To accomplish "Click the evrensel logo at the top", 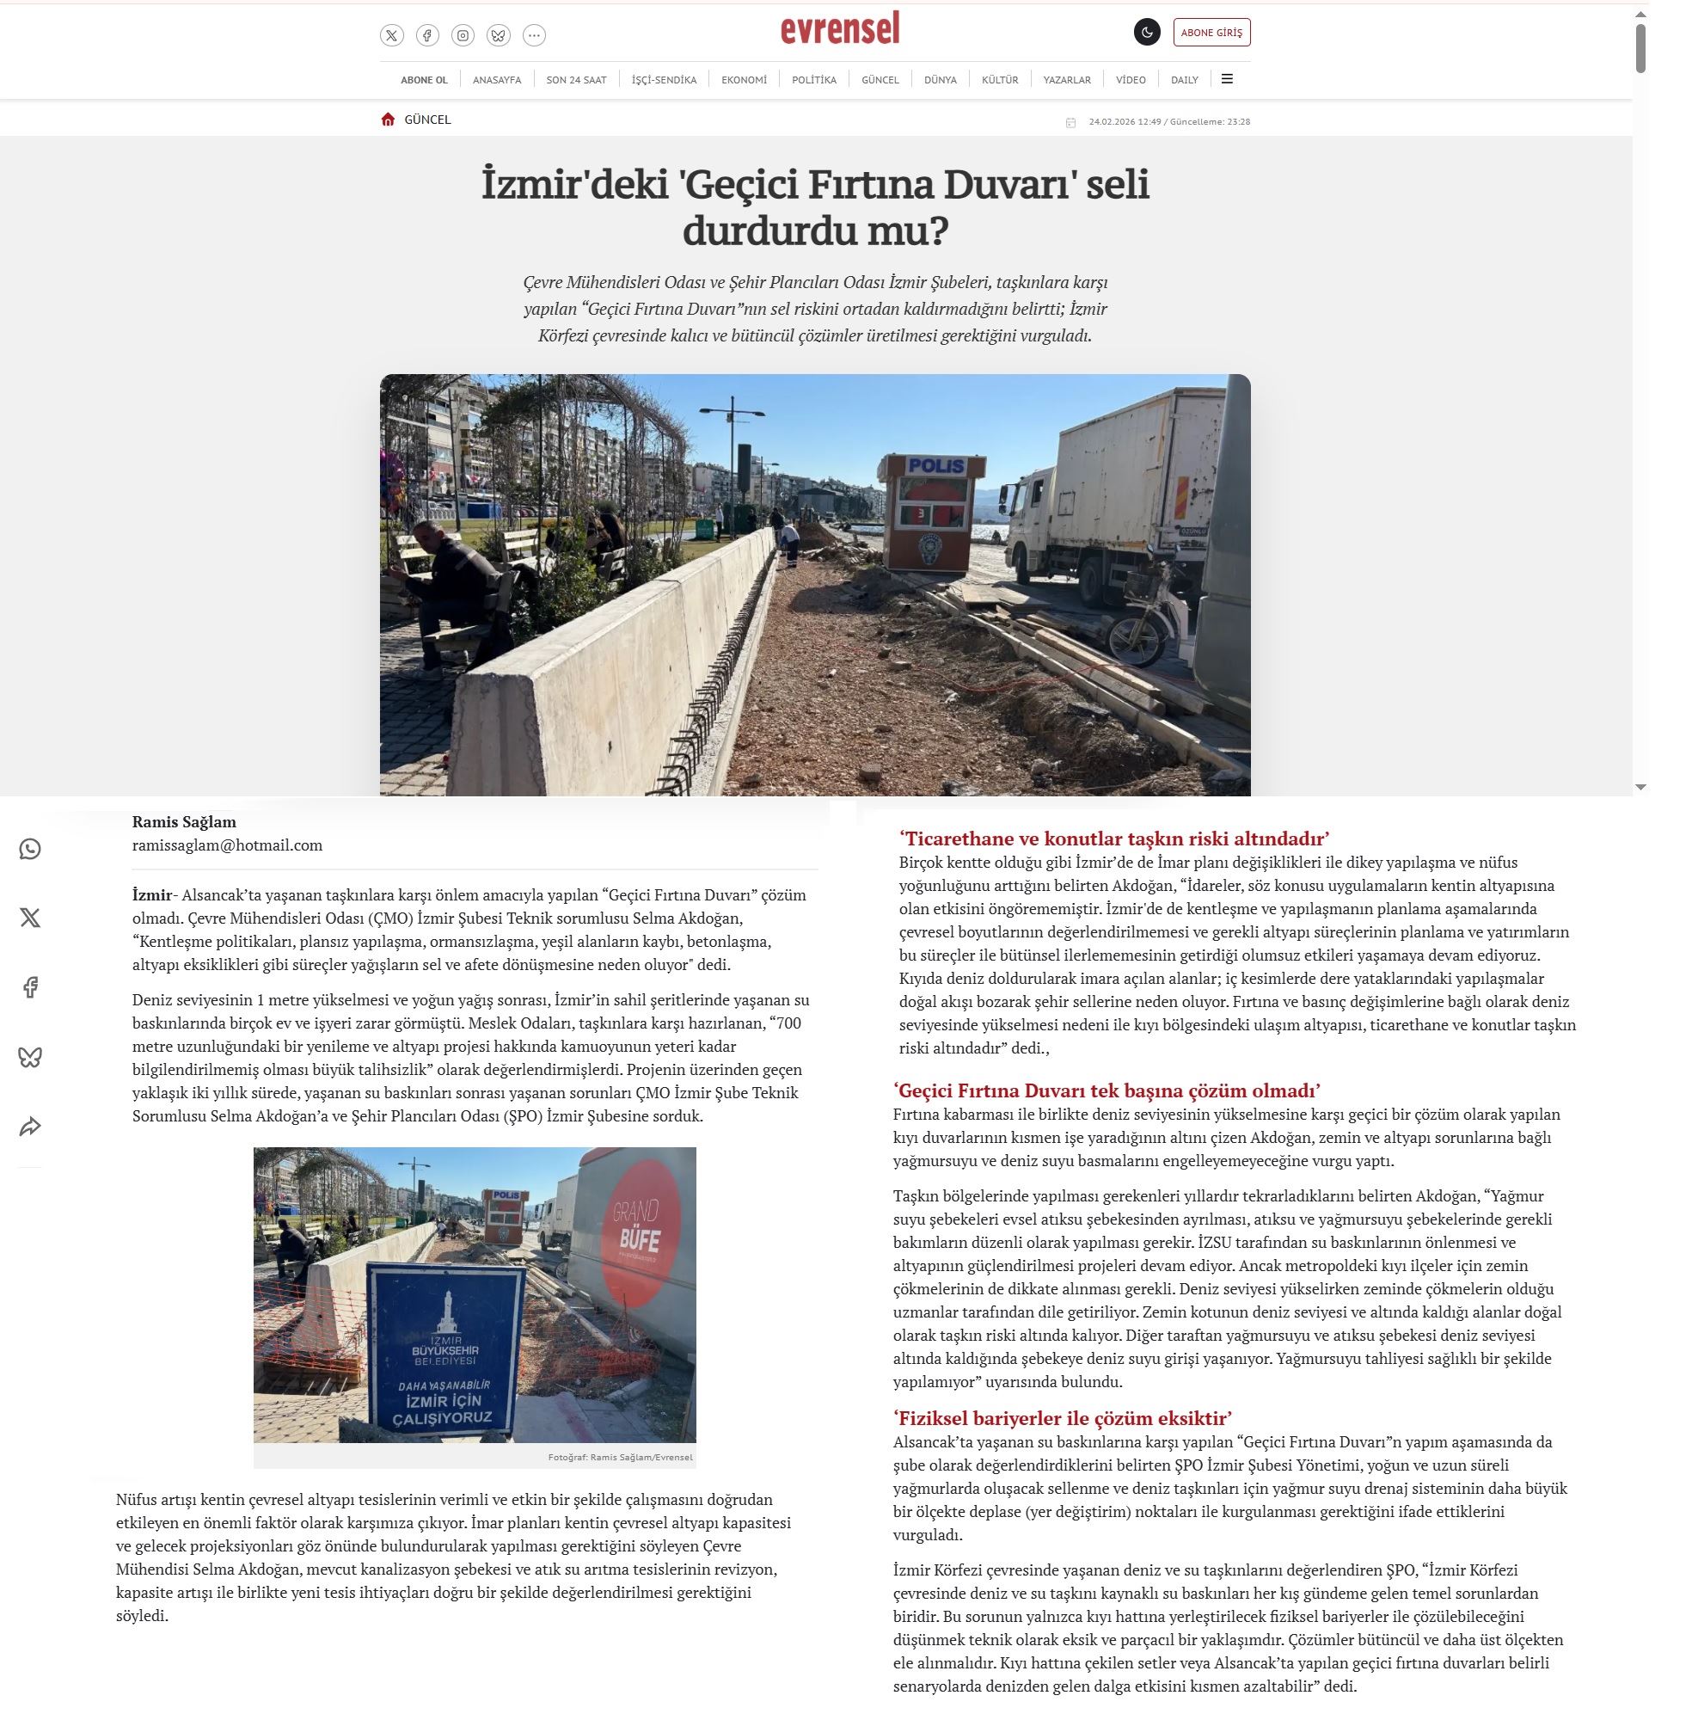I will (x=840, y=29).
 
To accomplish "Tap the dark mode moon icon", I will (x=1146, y=33).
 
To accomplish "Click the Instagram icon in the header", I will (x=462, y=35).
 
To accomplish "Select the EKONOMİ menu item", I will (x=744, y=80).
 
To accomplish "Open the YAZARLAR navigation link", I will (x=1066, y=80).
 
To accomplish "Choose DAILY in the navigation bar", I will (x=1184, y=80).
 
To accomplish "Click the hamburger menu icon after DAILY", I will (x=1227, y=79).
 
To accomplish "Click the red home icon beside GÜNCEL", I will (x=388, y=120).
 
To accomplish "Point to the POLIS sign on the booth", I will (x=936, y=466).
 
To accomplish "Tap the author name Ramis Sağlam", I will (x=184, y=822).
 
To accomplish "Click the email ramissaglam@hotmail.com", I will (x=228, y=845).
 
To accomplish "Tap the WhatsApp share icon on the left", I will (x=30, y=850).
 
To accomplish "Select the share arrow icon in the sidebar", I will (x=30, y=1127).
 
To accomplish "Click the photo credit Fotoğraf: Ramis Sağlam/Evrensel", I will (x=619, y=1457).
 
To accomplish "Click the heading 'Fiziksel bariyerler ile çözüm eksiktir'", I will (x=1063, y=1418).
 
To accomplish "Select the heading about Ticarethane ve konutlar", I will (x=1113, y=838).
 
